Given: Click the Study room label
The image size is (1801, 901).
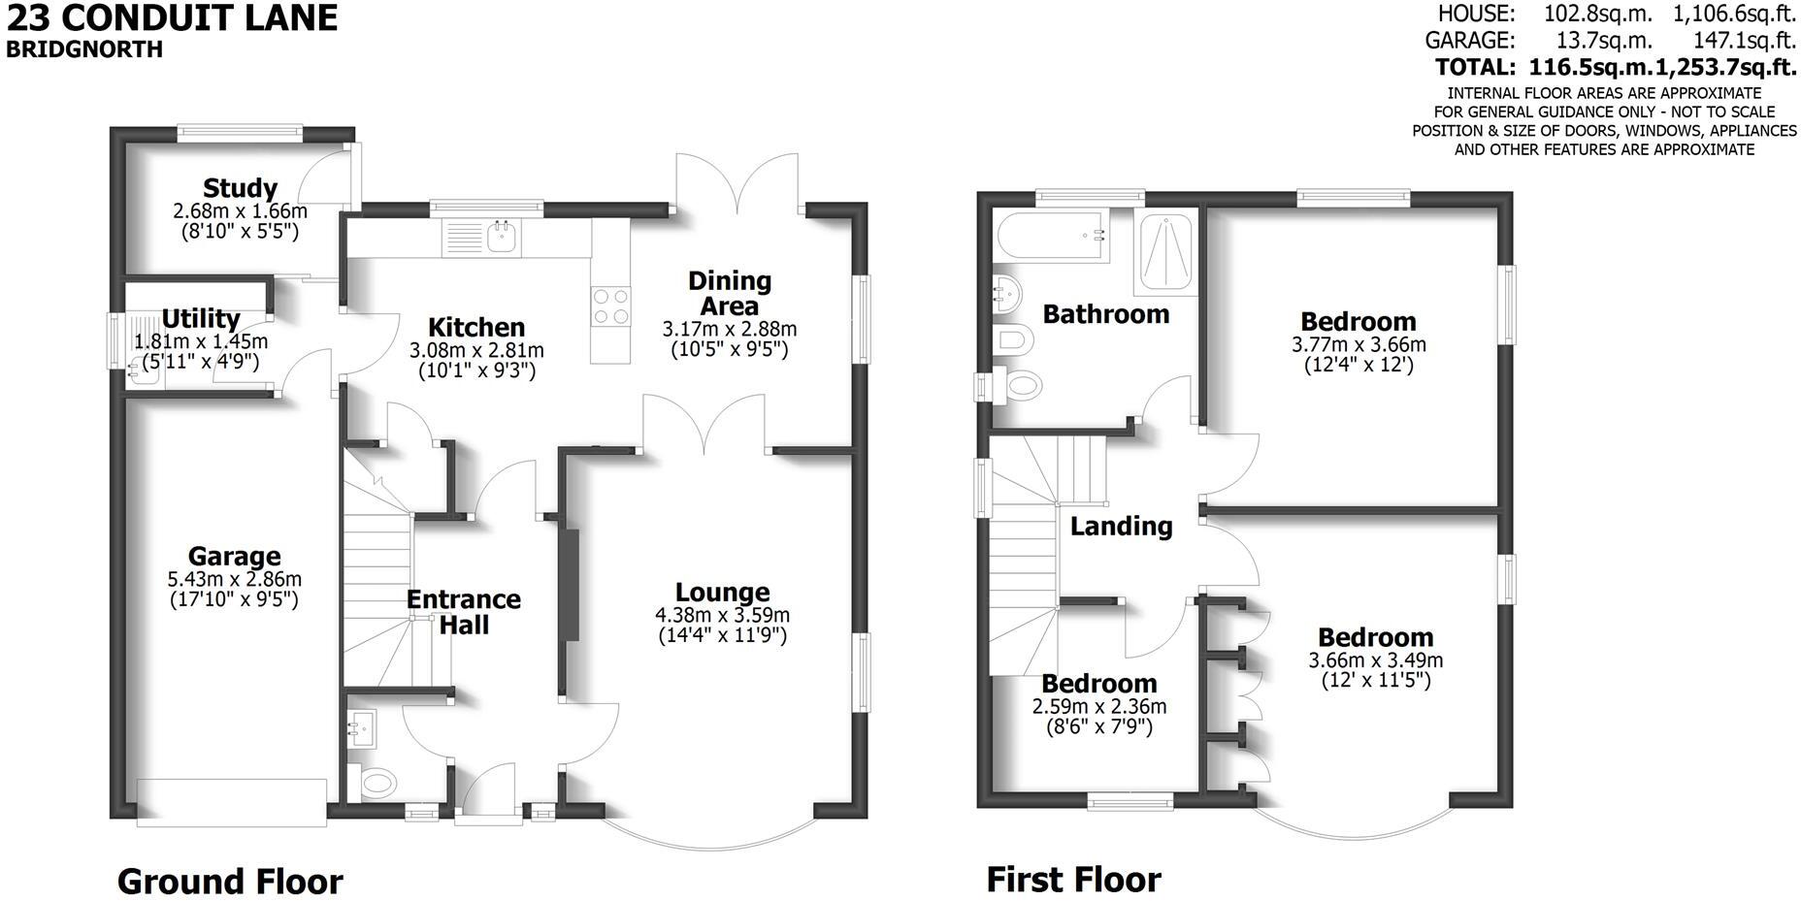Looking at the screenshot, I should coord(240,187).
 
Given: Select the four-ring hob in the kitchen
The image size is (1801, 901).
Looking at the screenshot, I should coord(610,306).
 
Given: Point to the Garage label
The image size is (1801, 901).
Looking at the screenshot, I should coord(234,557).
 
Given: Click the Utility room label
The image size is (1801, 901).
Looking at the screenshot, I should coord(201,319).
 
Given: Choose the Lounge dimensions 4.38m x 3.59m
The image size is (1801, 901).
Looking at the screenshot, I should coord(722,615).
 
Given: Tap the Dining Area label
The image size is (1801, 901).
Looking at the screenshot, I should coord(730,293).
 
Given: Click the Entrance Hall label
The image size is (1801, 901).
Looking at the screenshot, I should coord(463,612).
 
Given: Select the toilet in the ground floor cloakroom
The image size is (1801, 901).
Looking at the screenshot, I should coord(377,781).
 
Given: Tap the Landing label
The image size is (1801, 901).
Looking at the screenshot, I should coord(1121,527).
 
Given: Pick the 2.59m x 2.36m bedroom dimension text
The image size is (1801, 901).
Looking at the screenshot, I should coord(1099,707).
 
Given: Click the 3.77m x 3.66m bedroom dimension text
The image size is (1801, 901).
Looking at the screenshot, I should coord(1359,344).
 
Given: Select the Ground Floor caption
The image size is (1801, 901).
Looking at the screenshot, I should coord(230,882).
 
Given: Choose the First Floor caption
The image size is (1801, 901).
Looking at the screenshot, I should coord(1073,880).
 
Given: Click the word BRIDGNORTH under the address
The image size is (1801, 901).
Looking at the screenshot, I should coord(84,48).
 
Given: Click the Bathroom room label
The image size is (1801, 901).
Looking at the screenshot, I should coord(1105,314).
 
